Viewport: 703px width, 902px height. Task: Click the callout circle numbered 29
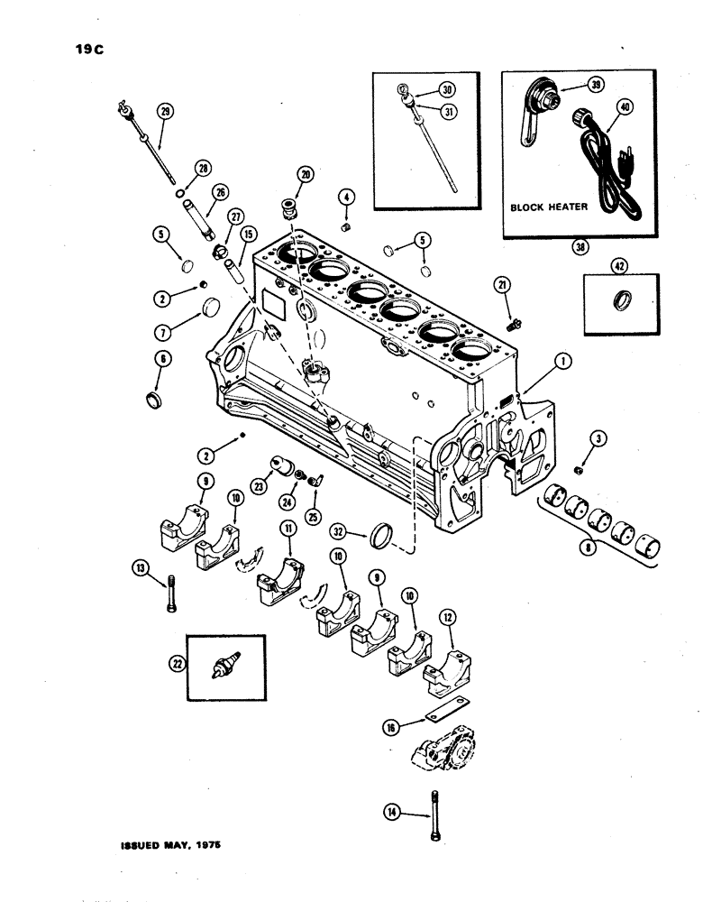click(165, 112)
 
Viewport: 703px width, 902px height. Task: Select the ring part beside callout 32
click(382, 538)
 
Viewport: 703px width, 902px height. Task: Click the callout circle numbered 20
click(304, 176)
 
